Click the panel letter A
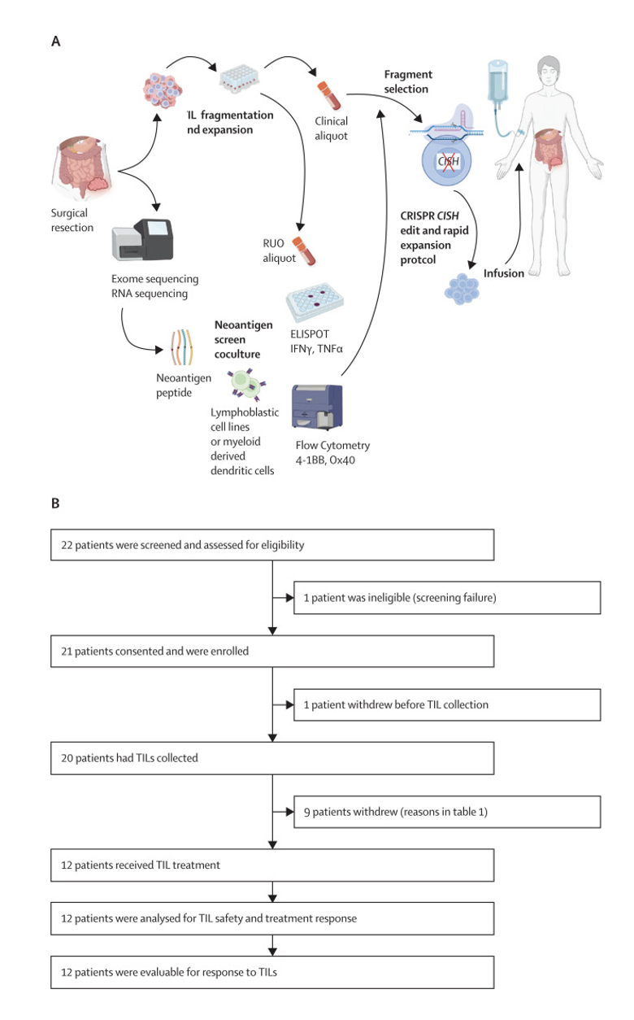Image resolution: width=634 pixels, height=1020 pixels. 55,43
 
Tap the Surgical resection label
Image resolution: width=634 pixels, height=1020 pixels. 72,220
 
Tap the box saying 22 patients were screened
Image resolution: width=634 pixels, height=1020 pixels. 272,545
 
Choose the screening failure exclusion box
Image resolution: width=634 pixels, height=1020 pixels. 447,598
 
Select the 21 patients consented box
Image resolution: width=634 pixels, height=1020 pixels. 272,651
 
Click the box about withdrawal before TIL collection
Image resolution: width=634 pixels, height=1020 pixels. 447,704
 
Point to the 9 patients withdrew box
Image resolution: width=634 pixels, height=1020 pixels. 447,812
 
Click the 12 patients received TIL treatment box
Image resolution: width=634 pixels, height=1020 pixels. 272,865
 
